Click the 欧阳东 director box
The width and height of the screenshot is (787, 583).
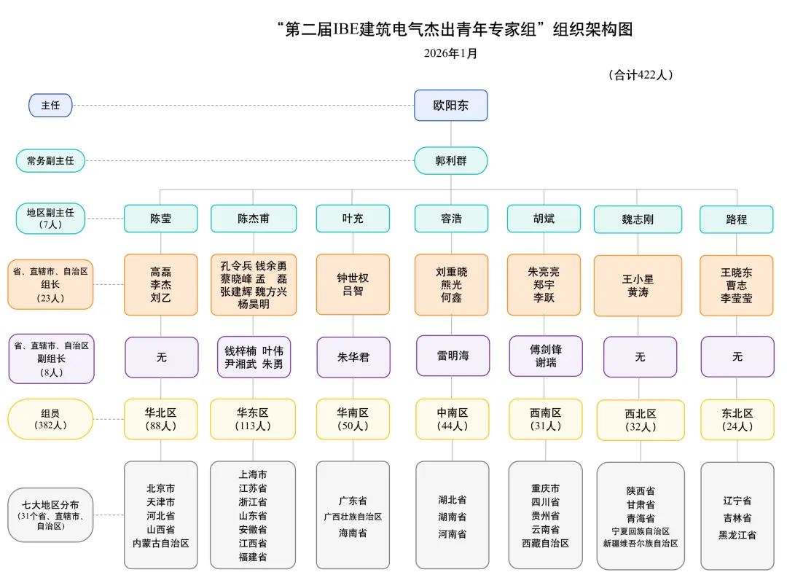[450, 105]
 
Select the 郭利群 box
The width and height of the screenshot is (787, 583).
[450, 161]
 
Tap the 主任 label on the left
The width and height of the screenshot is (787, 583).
[50, 105]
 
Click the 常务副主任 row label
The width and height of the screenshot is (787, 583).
[50, 161]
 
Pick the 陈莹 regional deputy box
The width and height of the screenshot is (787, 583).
[160, 218]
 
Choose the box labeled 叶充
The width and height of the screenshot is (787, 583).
[353, 218]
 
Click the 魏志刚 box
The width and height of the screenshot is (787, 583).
[638, 219]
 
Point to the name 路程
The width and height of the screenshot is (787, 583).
[736, 219]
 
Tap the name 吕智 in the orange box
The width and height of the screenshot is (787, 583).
[353, 291]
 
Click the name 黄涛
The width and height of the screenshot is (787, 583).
[638, 291]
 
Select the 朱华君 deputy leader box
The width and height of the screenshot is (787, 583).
[353, 357]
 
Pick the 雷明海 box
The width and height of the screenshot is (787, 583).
[453, 356]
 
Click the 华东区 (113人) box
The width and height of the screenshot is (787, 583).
[253, 419]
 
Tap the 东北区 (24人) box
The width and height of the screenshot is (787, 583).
[737, 420]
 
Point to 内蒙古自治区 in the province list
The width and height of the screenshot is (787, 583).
[160, 543]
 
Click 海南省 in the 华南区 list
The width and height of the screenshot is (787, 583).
[353, 533]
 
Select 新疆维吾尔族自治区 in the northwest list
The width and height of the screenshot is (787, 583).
[641, 544]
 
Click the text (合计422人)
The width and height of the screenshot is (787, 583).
[640, 74]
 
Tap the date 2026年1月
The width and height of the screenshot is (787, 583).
[450, 53]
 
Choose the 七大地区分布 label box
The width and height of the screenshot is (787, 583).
[50, 514]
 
